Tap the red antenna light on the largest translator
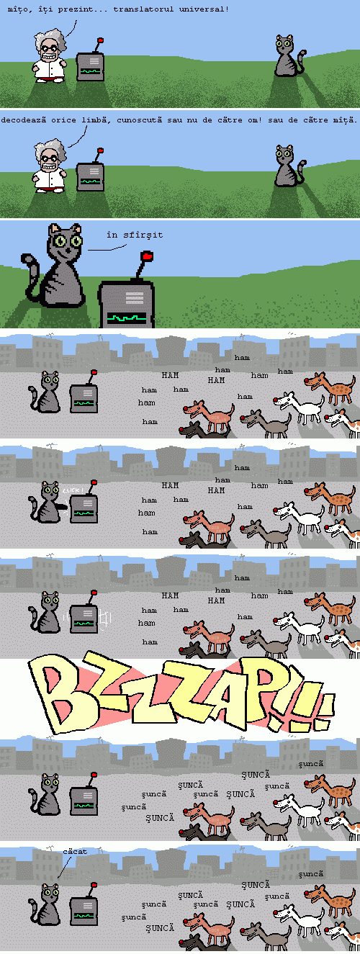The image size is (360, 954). pos(148,256)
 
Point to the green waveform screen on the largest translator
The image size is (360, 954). pos(127,317)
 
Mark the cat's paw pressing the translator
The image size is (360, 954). pos(62,507)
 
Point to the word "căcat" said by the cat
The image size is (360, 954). pos(75,851)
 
